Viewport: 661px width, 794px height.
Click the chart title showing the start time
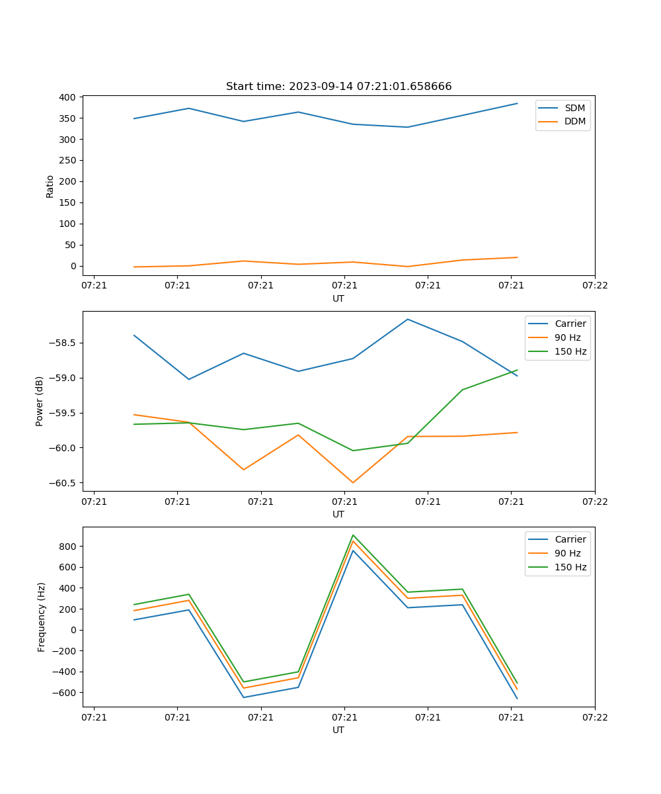338,87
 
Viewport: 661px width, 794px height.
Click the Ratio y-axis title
50,187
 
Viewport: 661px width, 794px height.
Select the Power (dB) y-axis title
40,401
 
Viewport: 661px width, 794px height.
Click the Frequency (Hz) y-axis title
42,617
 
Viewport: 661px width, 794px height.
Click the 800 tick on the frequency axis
67,547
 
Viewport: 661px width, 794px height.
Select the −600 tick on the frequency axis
63,693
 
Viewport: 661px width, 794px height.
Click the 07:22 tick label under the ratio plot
594,286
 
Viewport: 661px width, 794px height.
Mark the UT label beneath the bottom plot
338,730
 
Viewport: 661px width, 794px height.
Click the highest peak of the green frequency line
353,535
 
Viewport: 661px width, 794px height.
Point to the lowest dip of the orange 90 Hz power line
353,482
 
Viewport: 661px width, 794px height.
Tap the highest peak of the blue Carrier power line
407,319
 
